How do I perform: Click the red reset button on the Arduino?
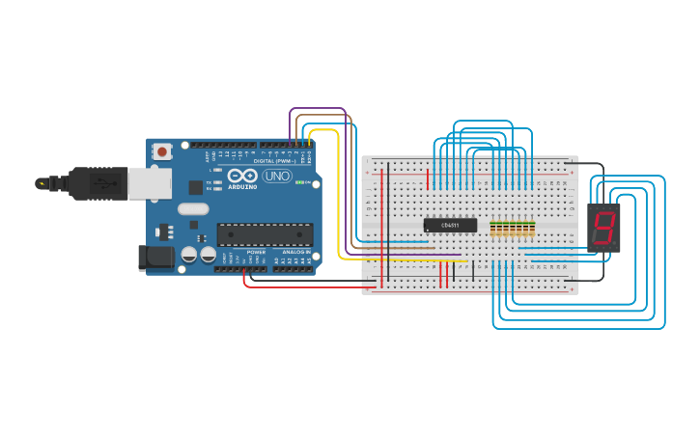point(162,151)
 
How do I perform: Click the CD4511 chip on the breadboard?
point(450,225)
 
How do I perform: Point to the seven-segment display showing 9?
point(603,228)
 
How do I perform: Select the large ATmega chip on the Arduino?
point(265,234)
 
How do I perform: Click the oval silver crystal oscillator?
point(193,208)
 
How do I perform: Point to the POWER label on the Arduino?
point(256,252)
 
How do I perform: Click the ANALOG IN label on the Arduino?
point(296,252)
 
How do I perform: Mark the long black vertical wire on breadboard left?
point(388,222)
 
